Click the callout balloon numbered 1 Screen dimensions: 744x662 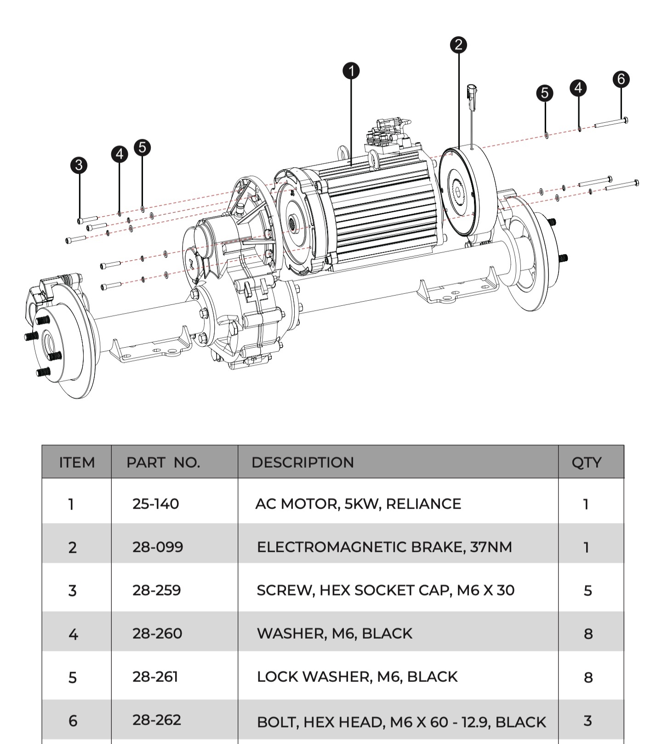(351, 71)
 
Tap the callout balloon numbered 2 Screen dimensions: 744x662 (458, 45)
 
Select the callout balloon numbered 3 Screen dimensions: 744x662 (79, 165)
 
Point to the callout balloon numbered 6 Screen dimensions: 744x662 (621, 79)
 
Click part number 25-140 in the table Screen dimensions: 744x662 (155, 504)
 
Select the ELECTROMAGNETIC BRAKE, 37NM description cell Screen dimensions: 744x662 (384, 547)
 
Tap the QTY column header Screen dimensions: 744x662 (586, 462)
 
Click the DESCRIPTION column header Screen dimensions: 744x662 (302, 462)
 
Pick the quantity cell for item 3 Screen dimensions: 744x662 (588, 590)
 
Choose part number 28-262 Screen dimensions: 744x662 (157, 720)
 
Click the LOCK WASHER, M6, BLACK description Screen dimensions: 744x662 (357, 677)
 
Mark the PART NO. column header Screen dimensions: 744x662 (163, 462)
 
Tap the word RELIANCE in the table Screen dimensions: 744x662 (423, 504)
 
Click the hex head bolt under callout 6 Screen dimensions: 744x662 (611, 123)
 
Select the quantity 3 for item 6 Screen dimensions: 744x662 (588, 721)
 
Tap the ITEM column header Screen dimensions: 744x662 (77, 462)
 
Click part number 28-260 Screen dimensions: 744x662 (157, 634)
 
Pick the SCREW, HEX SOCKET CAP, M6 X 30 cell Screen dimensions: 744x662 (385, 590)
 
